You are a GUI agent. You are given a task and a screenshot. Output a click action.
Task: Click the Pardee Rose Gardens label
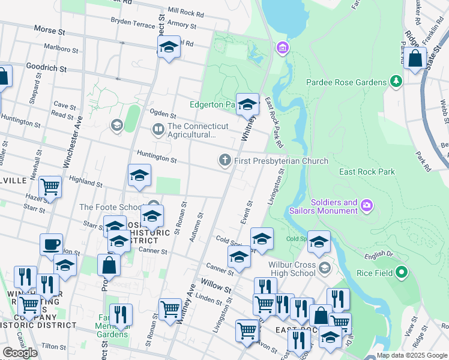tap(346, 82)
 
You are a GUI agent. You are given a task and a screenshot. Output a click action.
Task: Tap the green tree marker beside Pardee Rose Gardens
tap(396, 80)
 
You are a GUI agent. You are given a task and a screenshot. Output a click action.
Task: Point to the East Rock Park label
tap(367, 172)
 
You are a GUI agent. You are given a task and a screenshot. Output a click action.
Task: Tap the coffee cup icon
tap(52, 245)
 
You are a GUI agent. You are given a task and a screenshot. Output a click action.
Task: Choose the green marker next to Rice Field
tap(402, 273)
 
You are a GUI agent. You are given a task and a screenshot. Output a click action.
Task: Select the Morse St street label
tap(53, 29)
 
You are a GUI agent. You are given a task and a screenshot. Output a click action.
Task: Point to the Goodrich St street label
tap(46, 68)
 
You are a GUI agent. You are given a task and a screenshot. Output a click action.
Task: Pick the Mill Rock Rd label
tap(186, 11)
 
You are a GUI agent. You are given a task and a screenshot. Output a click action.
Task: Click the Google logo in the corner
tap(20, 353)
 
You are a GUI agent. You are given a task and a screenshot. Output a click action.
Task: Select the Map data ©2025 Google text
tap(412, 355)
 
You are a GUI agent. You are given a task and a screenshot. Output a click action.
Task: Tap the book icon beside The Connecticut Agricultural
tap(158, 128)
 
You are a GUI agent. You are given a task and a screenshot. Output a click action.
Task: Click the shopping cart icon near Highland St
tap(50, 187)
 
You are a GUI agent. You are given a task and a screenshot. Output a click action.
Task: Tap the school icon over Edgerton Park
tap(247, 105)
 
